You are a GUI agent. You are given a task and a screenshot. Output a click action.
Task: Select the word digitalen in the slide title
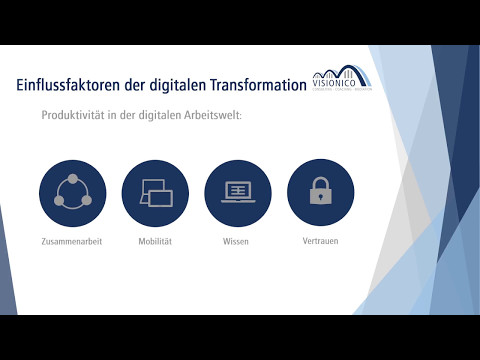click(176, 86)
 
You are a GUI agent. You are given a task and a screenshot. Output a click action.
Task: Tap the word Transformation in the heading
click(258, 86)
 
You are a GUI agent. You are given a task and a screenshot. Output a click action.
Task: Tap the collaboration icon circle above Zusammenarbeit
click(72, 192)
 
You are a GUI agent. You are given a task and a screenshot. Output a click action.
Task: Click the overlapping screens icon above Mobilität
click(155, 192)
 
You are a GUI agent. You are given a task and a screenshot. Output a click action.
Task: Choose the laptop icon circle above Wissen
click(237, 192)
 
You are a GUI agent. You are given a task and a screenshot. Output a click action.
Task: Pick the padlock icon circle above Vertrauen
click(320, 192)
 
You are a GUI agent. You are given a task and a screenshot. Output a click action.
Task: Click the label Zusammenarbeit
click(72, 242)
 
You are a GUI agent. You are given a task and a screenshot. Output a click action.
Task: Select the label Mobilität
click(155, 242)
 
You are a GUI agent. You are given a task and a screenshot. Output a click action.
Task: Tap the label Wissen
click(237, 242)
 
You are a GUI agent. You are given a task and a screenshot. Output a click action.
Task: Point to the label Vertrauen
click(320, 241)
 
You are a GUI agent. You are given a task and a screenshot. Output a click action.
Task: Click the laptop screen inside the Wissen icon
click(237, 189)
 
